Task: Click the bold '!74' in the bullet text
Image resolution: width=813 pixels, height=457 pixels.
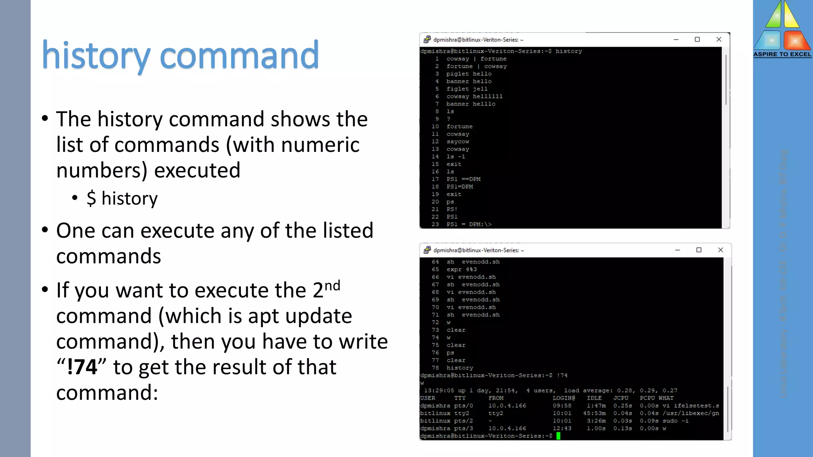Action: [x=82, y=367]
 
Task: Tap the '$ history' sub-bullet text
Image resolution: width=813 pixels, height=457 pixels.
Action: [x=122, y=198]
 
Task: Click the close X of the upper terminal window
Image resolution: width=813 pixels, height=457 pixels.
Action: [x=719, y=39]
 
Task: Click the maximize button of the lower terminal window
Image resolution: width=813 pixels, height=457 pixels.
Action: [x=699, y=250]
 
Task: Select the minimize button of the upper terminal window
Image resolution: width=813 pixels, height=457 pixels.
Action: [x=676, y=39]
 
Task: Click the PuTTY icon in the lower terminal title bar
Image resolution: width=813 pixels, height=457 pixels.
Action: [x=427, y=250]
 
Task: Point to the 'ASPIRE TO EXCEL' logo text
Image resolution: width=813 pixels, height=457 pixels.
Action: [x=782, y=54]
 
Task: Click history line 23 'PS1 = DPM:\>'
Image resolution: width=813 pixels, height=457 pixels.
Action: [x=469, y=225]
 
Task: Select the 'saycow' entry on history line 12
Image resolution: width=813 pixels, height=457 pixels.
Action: [x=458, y=142]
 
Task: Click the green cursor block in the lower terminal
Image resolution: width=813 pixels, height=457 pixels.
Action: [x=558, y=436]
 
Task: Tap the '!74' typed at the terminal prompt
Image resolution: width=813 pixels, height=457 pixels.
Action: [x=562, y=375]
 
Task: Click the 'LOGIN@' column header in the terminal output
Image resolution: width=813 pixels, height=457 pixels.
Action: [x=564, y=398]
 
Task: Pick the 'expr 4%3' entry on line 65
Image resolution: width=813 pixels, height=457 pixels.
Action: [x=462, y=269]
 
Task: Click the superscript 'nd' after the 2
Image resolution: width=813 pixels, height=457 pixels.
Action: [x=332, y=286]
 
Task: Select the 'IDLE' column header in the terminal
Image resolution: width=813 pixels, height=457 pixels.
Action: [x=594, y=398]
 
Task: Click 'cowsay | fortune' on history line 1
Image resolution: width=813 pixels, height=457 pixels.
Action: [x=476, y=59]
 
